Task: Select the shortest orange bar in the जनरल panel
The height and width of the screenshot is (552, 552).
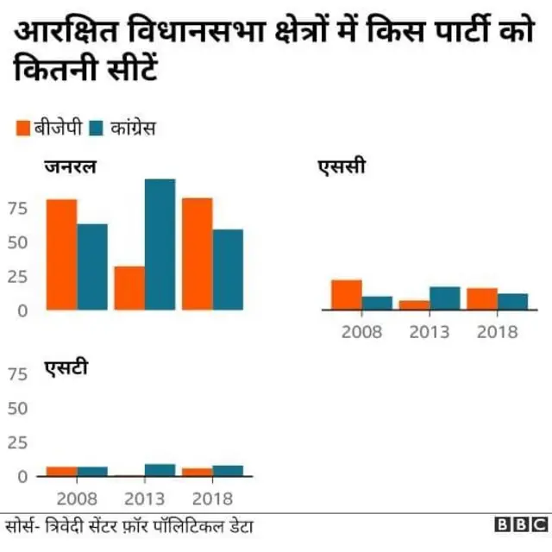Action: pos(129,288)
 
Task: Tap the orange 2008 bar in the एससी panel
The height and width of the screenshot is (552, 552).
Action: pos(347,294)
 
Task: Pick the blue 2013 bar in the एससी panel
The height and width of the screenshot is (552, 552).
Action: pos(445,298)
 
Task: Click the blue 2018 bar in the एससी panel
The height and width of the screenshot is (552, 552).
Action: pos(512,301)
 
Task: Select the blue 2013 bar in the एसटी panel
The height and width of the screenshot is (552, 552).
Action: pos(160,470)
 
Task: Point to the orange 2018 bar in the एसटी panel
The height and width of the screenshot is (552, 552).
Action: pos(197,472)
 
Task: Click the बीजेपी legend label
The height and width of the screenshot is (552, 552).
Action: pos(58,129)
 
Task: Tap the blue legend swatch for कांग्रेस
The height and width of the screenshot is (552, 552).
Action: pos(96,129)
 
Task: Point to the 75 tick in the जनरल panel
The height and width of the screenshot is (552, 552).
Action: pos(18,208)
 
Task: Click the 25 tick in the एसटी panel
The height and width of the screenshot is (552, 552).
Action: pos(18,442)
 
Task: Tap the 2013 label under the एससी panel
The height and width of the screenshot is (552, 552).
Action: pos(429,332)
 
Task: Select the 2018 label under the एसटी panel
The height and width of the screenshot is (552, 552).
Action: pos(212,499)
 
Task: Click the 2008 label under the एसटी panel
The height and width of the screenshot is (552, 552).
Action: pos(77,499)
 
